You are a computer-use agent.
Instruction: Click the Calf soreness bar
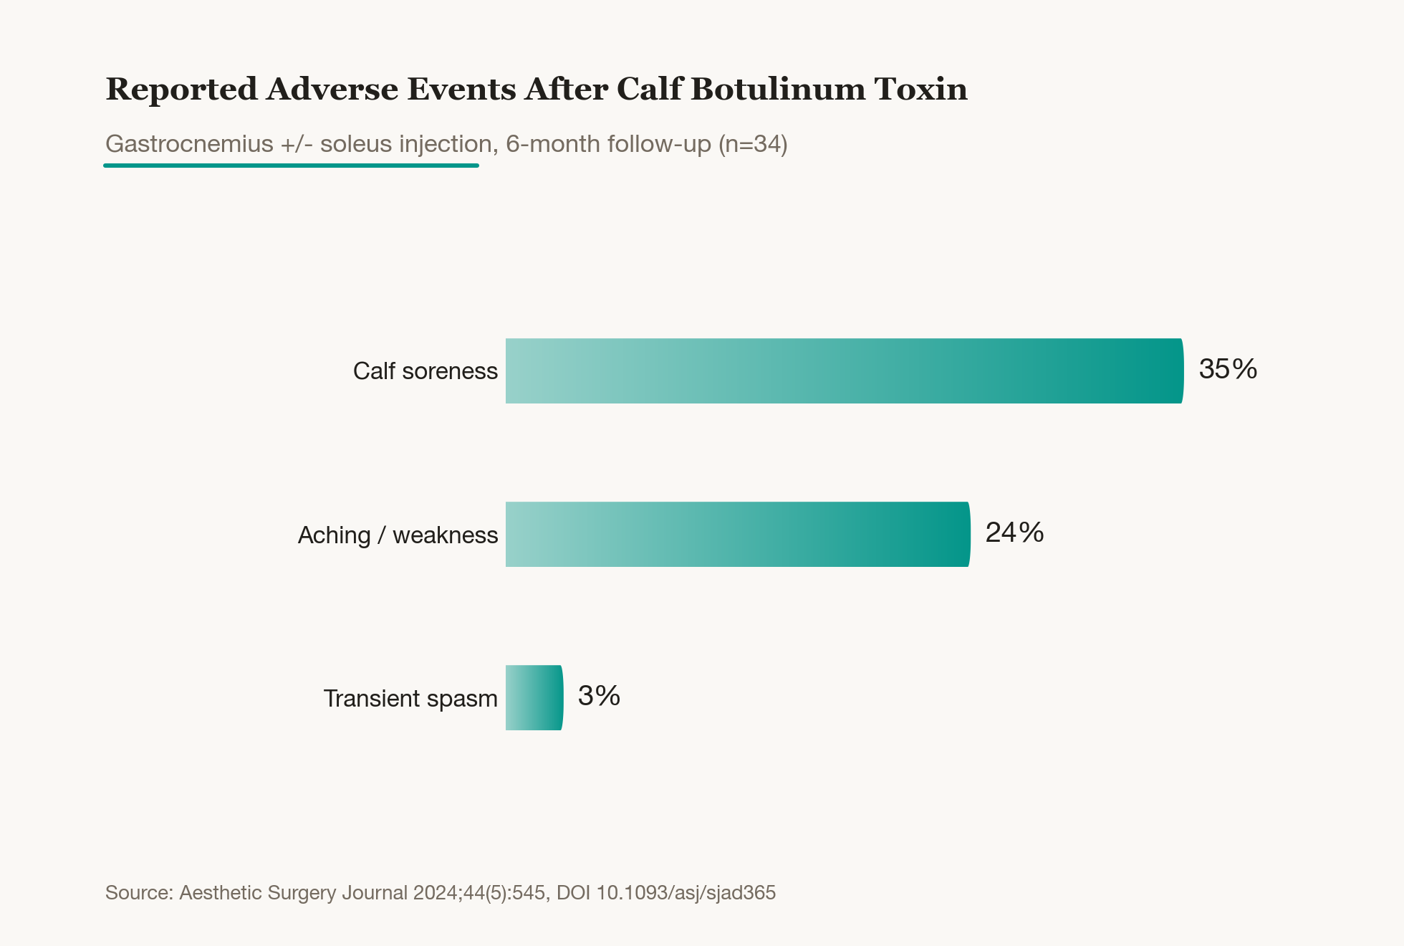point(845,371)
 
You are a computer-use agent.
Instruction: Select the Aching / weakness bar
point(738,534)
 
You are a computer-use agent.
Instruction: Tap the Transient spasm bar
point(534,697)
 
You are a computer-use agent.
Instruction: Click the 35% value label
point(1228,369)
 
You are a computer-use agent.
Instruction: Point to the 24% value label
point(1014,532)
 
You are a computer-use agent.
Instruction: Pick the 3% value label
point(599,696)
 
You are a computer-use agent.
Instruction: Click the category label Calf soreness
point(425,371)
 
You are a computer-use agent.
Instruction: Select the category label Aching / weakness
point(398,535)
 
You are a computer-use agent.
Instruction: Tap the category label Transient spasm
point(410,699)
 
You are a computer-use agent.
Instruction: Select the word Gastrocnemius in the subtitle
point(189,144)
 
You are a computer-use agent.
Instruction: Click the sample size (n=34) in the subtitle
point(753,145)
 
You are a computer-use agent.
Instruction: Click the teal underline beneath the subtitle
point(291,166)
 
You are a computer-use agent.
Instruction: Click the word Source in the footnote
point(139,893)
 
